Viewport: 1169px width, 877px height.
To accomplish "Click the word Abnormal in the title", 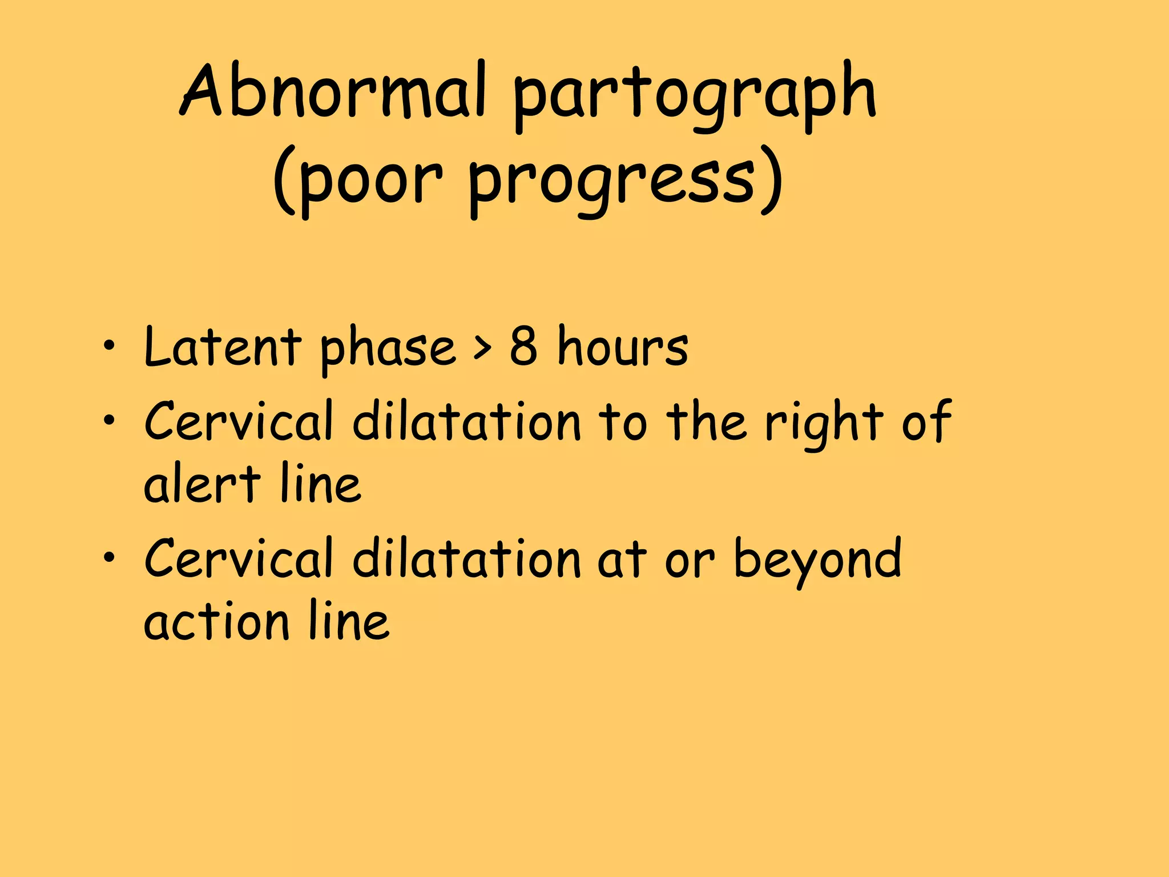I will click(x=334, y=91).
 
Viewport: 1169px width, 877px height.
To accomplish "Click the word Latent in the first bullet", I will click(x=223, y=347).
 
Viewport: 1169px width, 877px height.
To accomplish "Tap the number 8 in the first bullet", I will click(x=523, y=345).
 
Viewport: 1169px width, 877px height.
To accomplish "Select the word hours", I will click(x=623, y=347).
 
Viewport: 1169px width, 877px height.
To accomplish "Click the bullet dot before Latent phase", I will click(x=109, y=345).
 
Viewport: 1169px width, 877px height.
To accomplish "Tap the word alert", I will click(x=202, y=484).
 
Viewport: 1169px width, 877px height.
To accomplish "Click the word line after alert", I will click(x=321, y=484).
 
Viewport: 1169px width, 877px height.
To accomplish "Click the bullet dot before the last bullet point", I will click(x=109, y=557).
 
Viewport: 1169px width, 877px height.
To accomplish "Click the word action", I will click(x=216, y=621).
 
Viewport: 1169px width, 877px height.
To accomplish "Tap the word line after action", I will click(x=349, y=621).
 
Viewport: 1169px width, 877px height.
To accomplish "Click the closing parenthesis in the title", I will click(x=772, y=180).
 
